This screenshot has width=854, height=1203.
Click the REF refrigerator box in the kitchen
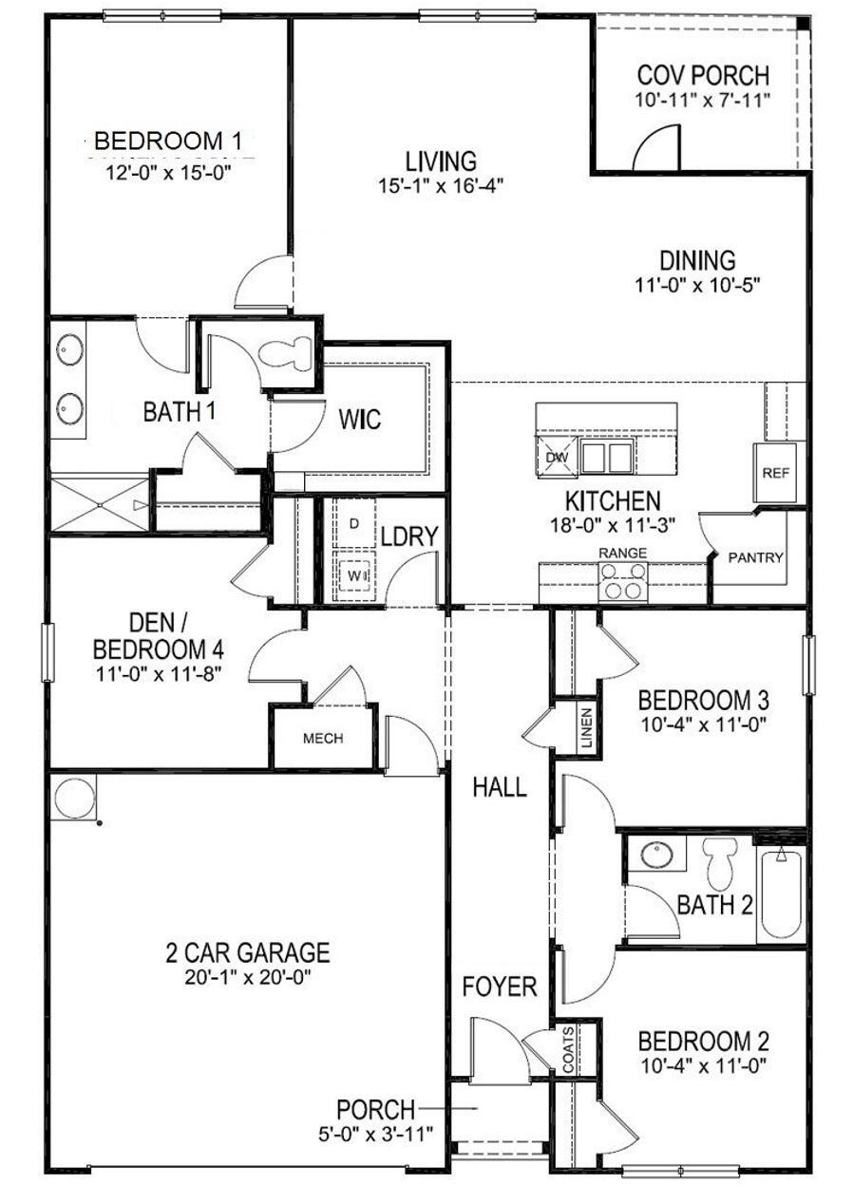point(776,472)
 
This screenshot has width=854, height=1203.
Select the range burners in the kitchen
point(623,581)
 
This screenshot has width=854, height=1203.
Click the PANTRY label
point(756,557)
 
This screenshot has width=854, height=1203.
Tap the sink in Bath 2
point(655,855)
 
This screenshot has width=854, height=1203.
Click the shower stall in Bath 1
point(99,505)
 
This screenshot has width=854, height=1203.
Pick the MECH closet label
point(323,739)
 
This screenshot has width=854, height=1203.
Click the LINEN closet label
point(587,728)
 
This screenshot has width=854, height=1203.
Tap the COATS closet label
point(568,1049)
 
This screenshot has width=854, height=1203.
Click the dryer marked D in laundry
point(353,524)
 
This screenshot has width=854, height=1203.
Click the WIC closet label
point(359,418)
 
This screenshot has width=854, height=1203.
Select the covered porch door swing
point(657,149)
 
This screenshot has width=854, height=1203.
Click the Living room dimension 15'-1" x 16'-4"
point(439,185)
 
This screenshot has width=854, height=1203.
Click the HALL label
point(500,787)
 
